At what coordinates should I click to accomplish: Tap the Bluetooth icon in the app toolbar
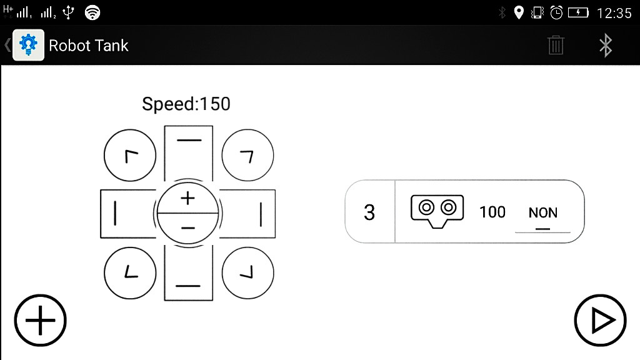point(605,46)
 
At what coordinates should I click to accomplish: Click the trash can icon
point(556,46)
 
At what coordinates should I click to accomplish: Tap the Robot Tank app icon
point(29,46)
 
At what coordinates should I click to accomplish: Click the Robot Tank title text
point(89,46)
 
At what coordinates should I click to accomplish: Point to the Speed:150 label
point(186,104)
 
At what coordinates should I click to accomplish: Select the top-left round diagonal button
point(130,156)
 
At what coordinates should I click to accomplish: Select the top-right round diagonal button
point(247,156)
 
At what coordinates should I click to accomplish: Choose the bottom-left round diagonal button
point(130,272)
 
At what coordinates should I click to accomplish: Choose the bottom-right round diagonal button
point(247,272)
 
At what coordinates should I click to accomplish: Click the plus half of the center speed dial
point(187,199)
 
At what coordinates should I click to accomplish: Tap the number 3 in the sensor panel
point(369,212)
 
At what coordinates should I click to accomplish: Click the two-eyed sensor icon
point(437,209)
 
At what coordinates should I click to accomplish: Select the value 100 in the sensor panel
point(492,212)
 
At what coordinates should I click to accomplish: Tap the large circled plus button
point(41,321)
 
